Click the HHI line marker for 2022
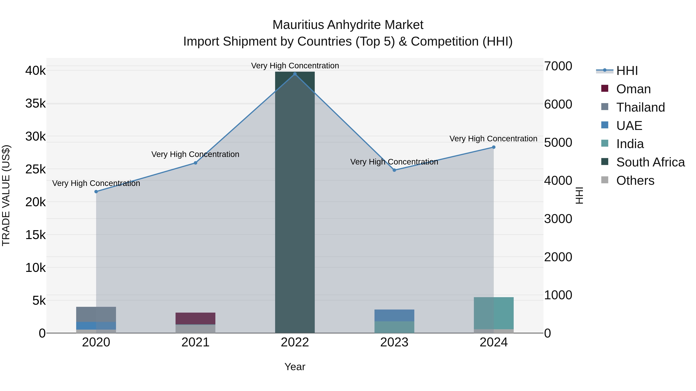point(295,74)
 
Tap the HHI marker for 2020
point(96,192)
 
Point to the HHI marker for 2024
point(494,147)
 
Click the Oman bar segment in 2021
point(195,318)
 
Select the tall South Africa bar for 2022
point(295,202)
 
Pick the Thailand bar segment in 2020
point(96,314)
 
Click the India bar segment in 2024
point(494,313)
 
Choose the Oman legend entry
point(633,89)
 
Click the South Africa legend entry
point(650,162)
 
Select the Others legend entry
point(635,181)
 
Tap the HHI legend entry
point(627,71)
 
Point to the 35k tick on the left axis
point(35,103)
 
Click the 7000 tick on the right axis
point(558,66)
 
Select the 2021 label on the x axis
point(195,342)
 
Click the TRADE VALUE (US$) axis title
point(6,195)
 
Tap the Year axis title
point(295,367)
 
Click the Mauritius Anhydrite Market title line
point(348,25)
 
